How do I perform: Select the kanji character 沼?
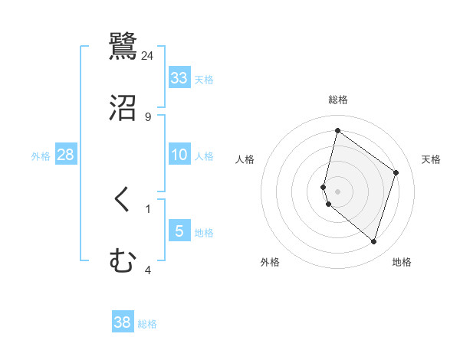pyautogui.click(x=123, y=107)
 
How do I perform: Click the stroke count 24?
pyautogui.click(x=148, y=55)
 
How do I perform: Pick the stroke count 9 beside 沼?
pyautogui.click(x=148, y=116)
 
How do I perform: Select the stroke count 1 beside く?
pyautogui.click(x=148, y=208)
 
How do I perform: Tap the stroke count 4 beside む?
pyautogui.click(x=148, y=270)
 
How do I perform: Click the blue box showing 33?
pyautogui.click(x=179, y=78)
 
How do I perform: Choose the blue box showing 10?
pyautogui.click(x=179, y=155)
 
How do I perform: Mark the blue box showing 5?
pyautogui.click(x=179, y=231)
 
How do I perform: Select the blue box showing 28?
pyautogui.click(x=65, y=155)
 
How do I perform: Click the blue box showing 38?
pyautogui.click(x=123, y=322)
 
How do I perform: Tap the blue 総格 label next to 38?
pyautogui.click(x=147, y=324)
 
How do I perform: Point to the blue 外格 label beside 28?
pyautogui.click(x=41, y=156)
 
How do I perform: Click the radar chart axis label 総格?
pyautogui.click(x=337, y=100)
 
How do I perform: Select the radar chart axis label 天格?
pyautogui.click(x=431, y=159)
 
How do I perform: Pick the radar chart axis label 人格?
pyautogui.click(x=245, y=159)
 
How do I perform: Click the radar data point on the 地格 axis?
pyautogui.click(x=373, y=242)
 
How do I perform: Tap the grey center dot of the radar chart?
pyautogui.click(x=337, y=191)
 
